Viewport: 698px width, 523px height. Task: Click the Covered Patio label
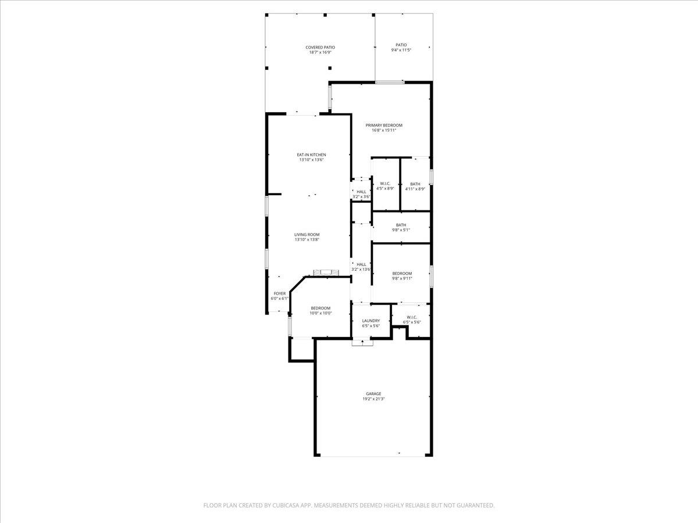[320, 48]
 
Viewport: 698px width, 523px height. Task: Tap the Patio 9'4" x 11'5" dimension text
[401, 51]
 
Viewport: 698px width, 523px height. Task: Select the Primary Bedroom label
[383, 126]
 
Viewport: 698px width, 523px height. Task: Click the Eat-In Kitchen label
[311, 155]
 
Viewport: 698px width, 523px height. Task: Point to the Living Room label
[307, 235]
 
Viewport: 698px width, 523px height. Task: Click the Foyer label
[279, 293]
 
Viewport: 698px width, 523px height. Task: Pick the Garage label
[373, 394]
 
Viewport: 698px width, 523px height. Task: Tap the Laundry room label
[371, 321]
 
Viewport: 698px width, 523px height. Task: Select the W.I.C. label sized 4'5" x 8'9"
[384, 184]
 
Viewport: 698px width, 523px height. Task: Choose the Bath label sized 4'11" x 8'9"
[415, 184]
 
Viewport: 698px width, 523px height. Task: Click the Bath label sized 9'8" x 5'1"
[401, 225]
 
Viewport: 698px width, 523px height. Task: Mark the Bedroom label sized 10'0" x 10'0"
[320, 308]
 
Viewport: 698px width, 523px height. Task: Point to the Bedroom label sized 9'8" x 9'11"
[401, 274]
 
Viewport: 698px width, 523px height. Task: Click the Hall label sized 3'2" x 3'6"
[361, 192]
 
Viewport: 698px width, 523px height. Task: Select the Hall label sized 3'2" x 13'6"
[361, 264]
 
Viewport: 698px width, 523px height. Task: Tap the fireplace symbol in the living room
[325, 272]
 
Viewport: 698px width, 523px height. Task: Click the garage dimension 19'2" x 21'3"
[373, 399]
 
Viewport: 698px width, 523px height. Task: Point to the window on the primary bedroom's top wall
[389, 82]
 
